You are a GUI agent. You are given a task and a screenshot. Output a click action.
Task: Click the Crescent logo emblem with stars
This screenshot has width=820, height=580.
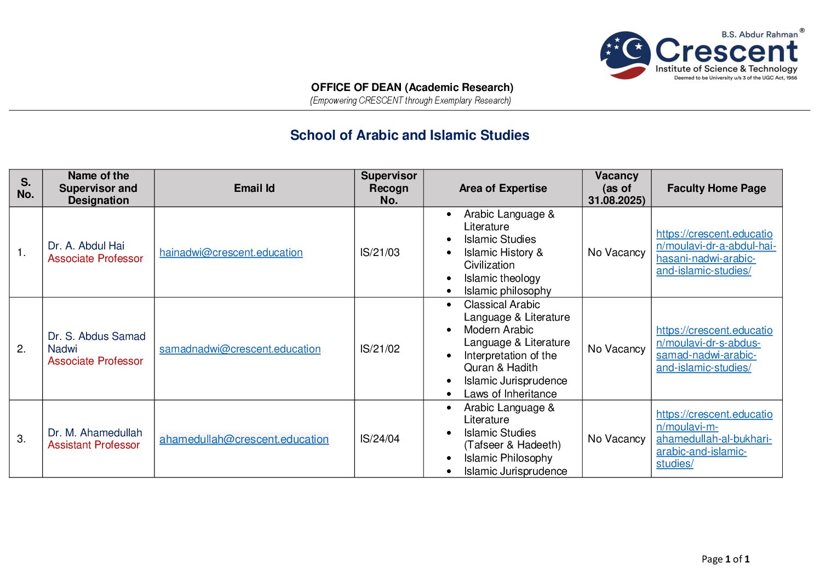pyautogui.click(x=626, y=55)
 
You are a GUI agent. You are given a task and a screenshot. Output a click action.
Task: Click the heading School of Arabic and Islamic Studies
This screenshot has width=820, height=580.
pyautogui.click(x=409, y=135)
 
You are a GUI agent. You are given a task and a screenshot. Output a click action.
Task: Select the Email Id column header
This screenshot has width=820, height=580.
pyautogui.click(x=254, y=188)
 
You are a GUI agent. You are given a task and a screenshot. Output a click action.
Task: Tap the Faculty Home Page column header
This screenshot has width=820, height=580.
pyautogui.click(x=716, y=188)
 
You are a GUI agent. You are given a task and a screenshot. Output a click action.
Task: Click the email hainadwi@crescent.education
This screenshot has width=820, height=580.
pyautogui.click(x=231, y=252)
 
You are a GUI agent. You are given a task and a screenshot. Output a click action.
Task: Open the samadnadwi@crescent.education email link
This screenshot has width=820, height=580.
pyautogui.click(x=240, y=349)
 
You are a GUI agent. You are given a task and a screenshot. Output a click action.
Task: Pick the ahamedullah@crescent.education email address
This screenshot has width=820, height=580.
pyautogui.click(x=244, y=439)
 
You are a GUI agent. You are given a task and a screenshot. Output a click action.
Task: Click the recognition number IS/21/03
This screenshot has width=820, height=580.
pyautogui.click(x=380, y=252)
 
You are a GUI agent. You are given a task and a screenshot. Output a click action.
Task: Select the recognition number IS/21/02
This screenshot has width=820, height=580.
pyautogui.click(x=380, y=349)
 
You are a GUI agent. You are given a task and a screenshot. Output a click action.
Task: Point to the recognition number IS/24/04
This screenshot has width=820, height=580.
pyautogui.click(x=380, y=439)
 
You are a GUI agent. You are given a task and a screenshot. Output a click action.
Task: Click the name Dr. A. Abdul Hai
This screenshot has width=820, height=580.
pyautogui.click(x=86, y=246)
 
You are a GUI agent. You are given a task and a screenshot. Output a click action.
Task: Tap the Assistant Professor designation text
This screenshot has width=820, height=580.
pyautogui.click(x=94, y=445)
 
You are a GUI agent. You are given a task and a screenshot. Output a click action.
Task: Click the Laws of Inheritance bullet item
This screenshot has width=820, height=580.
pyautogui.click(x=510, y=394)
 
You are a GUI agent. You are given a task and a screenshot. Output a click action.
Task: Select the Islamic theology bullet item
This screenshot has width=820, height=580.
pyautogui.click(x=502, y=278)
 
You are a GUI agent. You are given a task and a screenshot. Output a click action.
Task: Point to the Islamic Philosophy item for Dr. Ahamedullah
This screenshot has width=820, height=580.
pyautogui.click(x=508, y=458)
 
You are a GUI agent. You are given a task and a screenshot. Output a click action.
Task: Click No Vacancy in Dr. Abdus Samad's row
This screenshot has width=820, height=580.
pyautogui.click(x=616, y=349)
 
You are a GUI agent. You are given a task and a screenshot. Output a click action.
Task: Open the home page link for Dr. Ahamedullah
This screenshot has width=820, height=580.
pyautogui.click(x=714, y=439)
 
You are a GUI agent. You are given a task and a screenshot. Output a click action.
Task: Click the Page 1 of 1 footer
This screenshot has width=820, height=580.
pyautogui.click(x=725, y=559)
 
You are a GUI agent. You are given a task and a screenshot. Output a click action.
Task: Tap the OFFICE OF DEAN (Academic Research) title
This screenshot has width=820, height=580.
pyautogui.click(x=412, y=87)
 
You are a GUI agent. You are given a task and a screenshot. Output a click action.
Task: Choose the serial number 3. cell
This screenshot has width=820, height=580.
pyautogui.click(x=21, y=439)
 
